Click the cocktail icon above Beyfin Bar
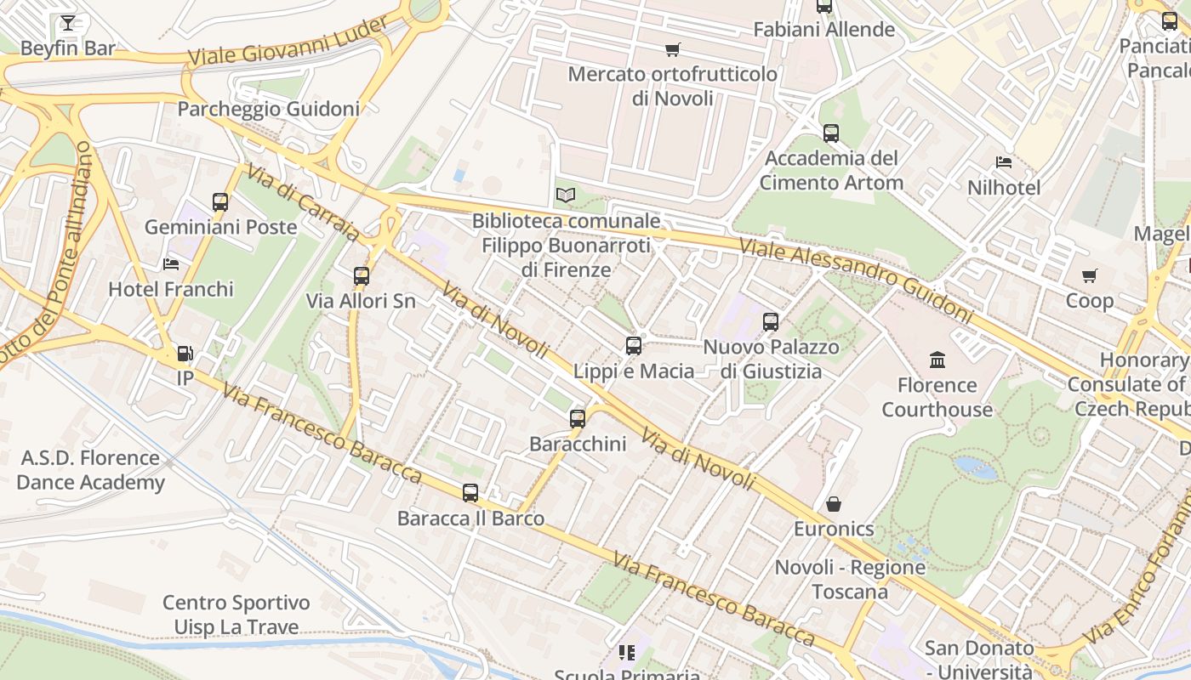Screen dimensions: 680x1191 pyautogui.click(x=68, y=23)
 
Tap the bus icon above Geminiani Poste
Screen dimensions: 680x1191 pyautogui.click(x=220, y=202)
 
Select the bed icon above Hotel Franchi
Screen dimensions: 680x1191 pyautogui.click(x=171, y=264)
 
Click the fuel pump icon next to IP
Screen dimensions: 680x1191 pyautogui.click(x=185, y=354)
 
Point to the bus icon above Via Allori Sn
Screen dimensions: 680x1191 pyautogui.click(x=362, y=276)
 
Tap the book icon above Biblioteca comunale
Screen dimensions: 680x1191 pyautogui.click(x=566, y=195)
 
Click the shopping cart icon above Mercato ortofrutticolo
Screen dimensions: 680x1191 pyautogui.click(x=673, y=49)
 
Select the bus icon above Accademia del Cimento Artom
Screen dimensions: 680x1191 pyautogui.click(x=831, y=133)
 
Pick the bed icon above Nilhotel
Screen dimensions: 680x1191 pyautogui.click(x=1004, y=162)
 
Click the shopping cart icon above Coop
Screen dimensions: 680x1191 pyautogui.click(x=1090, y=276)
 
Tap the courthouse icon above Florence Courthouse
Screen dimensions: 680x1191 pyautogui.click(x=937, y=360)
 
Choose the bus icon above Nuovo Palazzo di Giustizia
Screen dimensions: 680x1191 pyautogui.click(x=771, y=322)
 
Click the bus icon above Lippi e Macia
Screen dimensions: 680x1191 pyautogui.click(x=634, y=346)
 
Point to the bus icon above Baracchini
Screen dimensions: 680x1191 pyautogui.click(x=578, y=419)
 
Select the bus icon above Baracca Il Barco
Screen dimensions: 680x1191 pyautogui.click(x=470, y=493)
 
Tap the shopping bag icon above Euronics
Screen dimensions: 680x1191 pyautogui.click(x=834, y=504)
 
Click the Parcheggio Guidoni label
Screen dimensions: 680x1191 pyautogui.click(x=268, y=109)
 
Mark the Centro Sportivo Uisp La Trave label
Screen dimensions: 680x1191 pyautogui.click(x=236, y=615)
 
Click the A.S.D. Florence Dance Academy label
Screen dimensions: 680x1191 pyautogui.click(x=90, y=470)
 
